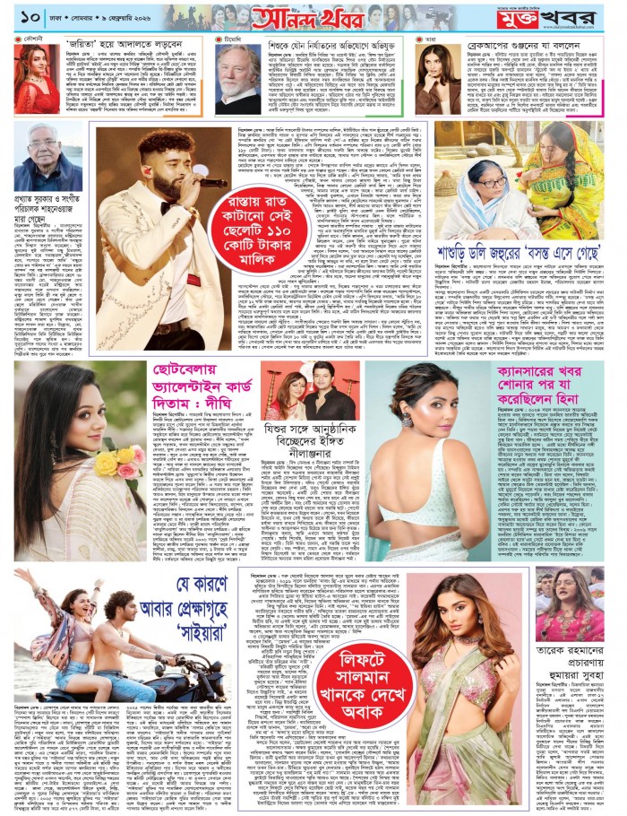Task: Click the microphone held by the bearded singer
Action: tap(211, 182)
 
